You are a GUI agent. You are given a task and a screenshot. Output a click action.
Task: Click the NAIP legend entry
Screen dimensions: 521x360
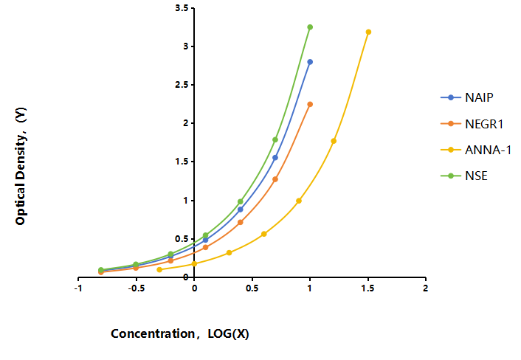pyautogui.click(x=467, y=97)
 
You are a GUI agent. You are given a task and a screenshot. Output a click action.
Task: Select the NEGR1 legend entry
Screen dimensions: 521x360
pyautogui.click(x=472, y=123)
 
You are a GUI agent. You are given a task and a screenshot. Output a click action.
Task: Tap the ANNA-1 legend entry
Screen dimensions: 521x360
pyautogui.click(x=475, y=150)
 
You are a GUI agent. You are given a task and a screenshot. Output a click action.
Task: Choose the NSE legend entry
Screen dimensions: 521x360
pyautogui.click(x=464, y=176)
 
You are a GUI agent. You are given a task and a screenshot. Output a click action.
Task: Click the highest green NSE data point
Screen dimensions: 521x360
pyautogui.click(x=310, y=27)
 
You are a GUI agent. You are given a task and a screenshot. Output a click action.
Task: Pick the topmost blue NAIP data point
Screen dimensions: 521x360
pyautogui.click(x=310, y=62)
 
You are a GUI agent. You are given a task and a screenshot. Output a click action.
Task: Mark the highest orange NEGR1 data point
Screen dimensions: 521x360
pyautogui.click(x=310, y=104)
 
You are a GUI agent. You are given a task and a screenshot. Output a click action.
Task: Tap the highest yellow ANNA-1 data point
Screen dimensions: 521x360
pyautogui.click(x=368, y=32)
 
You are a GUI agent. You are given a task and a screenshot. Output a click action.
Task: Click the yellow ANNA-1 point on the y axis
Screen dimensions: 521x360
pyautogui.click(x=194, y=263)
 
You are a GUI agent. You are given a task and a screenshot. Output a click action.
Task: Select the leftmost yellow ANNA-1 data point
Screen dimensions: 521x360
pyautogui.click(x=159, y=270)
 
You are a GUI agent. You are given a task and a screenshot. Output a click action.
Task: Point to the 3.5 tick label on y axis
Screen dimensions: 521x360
pyautogui.click(x=182, y=8)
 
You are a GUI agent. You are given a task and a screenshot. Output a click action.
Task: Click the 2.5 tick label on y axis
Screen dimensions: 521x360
pyautogui.click(x=182, y=85)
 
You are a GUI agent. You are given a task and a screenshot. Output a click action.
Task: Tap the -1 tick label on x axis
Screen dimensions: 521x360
pyautogui.click(x=78, y=288)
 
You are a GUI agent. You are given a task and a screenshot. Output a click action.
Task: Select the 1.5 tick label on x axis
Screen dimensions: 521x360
pyautogui.click(x=368, y=288)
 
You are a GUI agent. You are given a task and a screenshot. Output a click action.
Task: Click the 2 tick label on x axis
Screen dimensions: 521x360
pyautogui.click(x=426, y=288)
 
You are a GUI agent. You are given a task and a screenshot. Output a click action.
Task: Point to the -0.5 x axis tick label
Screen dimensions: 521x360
pyautogui.click(x=137, y=288)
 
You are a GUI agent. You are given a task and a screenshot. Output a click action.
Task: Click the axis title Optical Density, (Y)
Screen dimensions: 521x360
pyautogui.click(x=21, y=166)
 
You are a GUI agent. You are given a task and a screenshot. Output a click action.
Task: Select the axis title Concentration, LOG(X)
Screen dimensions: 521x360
pyautogui.click(x=180, y=333)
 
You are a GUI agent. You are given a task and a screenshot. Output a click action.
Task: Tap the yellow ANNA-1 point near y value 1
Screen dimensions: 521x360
pyautogui.click(x=299, y=201)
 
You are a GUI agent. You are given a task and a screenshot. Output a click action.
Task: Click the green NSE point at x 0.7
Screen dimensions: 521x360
pyautogui.click(x=275, y=140)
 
